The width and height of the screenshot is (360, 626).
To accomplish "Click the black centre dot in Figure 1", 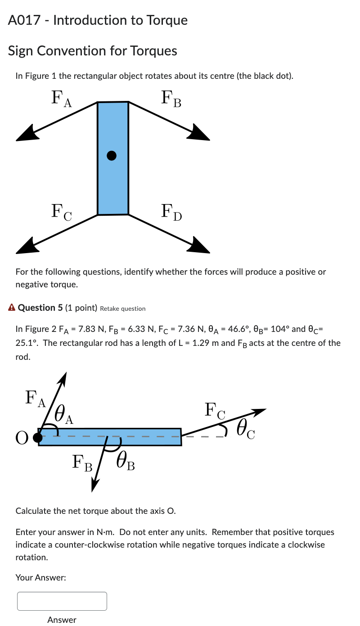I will coord(112,156).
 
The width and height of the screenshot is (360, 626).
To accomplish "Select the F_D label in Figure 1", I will coord(171,212).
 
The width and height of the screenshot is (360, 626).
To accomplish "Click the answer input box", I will coord(62,601).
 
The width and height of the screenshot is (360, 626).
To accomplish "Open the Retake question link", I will coord(122,308).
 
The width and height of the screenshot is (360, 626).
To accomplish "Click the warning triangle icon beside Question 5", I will coord(12,308).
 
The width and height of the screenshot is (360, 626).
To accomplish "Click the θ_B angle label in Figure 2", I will coord(125,462).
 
